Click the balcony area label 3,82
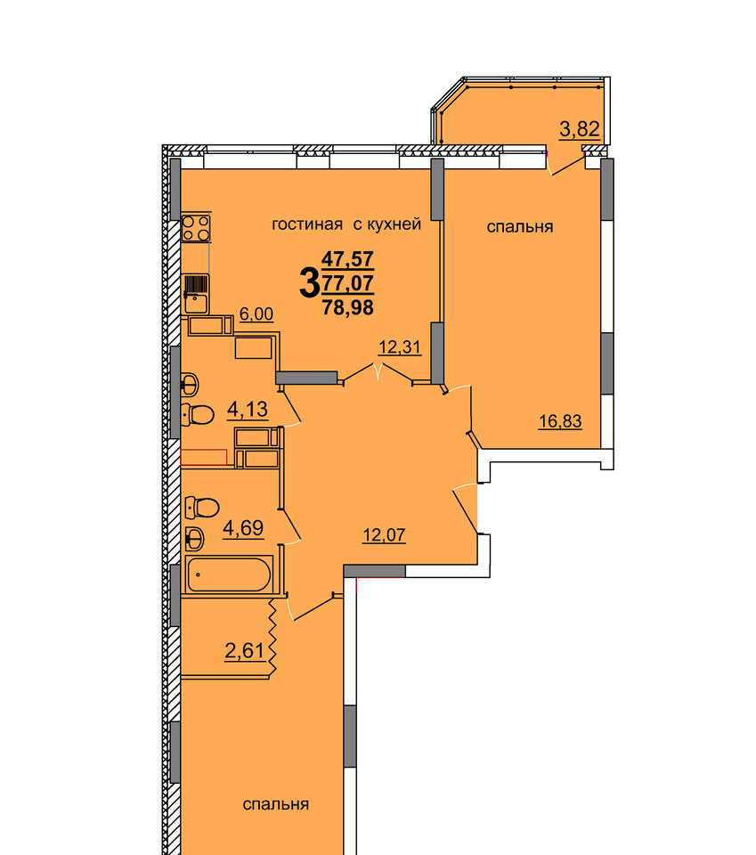click(x=580, y=129)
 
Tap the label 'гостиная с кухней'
click(x=346, y=224)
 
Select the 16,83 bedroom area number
click(x=560, y=421)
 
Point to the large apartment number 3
click(x=309, y=283)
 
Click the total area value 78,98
click(x=348, y=307)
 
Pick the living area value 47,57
click(x=348, y=258)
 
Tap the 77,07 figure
click(x=348, y=283)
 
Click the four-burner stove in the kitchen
click(x=196, y=229)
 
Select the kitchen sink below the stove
click(x=196, y=295)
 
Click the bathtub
click(x=229, y=574)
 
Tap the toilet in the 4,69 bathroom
click(x=201, y=507)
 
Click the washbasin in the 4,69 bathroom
click(x=195, y=540)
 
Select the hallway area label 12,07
click(x=385, y=535)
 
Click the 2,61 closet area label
click(x=244, y=650)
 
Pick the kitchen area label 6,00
click(x=256, y=314)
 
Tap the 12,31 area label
click(x=400, y=346)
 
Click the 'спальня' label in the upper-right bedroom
click(x=520, y=227)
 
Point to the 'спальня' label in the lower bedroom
click(x=276, y=804)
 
